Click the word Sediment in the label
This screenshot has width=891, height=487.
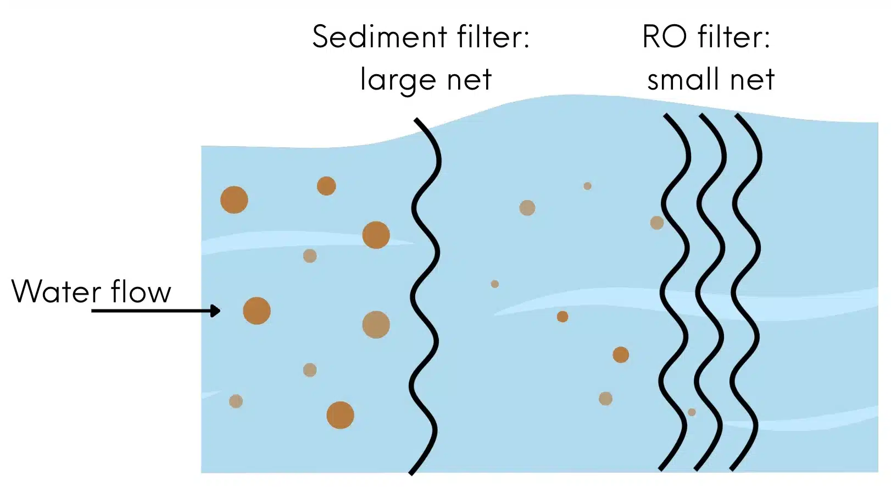(x=380, y=36)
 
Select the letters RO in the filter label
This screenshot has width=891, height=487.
(x=664, y=36)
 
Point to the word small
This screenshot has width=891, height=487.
(x=683, y=79)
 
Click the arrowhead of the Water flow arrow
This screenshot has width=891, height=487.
(x=215, y=311)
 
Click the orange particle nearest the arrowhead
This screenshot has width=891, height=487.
(x=257, y=311)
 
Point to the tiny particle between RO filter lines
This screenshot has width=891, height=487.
(x=692, y=412)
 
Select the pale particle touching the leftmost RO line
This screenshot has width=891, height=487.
(x=657, y=223)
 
